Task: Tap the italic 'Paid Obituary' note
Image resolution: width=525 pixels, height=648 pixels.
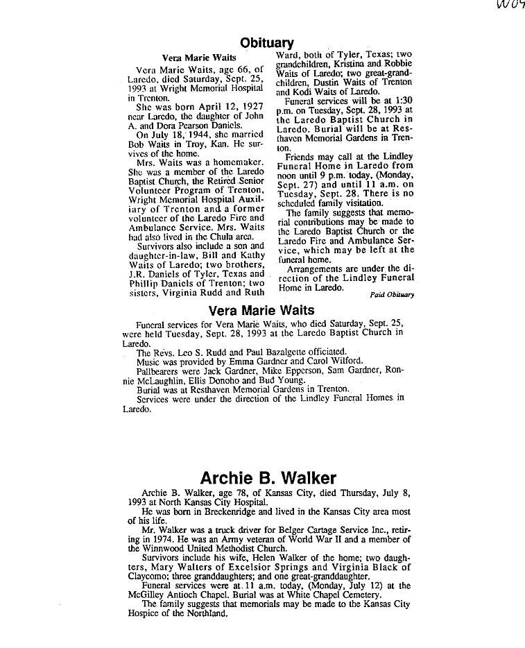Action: (393, 294)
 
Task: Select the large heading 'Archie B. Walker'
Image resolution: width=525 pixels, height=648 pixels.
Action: (268, 478)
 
